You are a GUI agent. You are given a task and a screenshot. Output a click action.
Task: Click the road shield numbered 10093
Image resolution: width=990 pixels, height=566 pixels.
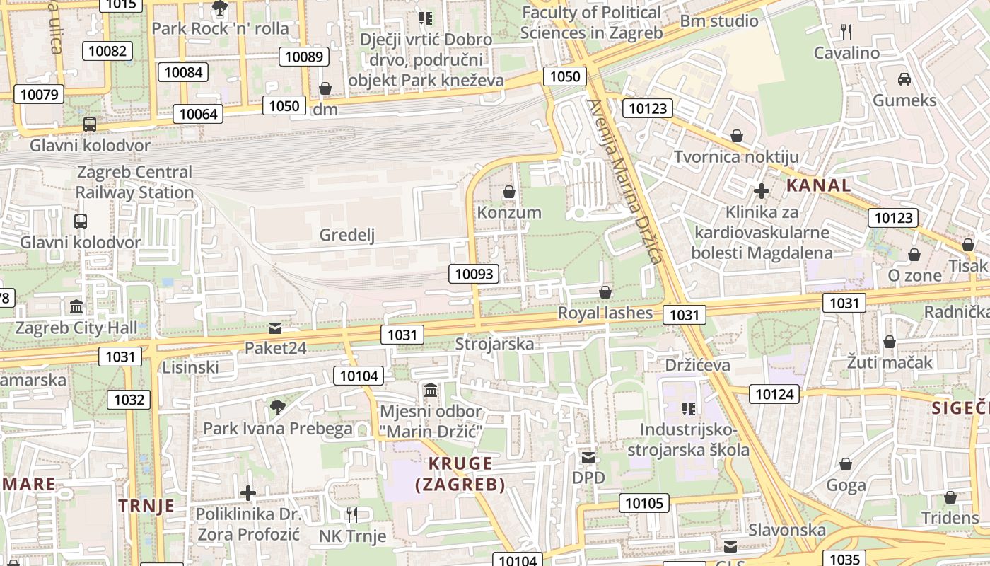(474, 274)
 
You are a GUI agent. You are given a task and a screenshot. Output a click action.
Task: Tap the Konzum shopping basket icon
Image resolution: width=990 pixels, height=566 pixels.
(508, 192)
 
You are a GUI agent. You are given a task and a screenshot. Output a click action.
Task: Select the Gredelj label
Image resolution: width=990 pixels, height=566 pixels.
(346, 235)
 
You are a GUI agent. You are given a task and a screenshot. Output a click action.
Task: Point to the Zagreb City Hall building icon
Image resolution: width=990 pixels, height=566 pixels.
(76, 307)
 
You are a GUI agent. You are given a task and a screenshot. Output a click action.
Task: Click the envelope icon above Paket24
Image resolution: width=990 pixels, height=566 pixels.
(274, 328)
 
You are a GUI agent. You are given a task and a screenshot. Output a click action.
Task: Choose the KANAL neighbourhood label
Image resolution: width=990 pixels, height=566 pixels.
(819, 186)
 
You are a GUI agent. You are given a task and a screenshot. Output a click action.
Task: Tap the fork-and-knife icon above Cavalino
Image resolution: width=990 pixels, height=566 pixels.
(845, 31)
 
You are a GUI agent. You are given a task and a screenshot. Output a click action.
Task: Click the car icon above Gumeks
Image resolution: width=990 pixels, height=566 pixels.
(904, 79)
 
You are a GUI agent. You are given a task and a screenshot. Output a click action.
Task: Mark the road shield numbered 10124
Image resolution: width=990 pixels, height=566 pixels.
(775, 394)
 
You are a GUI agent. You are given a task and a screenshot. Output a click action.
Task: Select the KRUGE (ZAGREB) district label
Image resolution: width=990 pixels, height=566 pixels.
(460, 474)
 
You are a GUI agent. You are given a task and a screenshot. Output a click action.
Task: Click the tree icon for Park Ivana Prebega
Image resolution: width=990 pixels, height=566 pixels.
(277, 407)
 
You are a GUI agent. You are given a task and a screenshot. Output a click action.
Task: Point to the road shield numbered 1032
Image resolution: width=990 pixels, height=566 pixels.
(129, 400)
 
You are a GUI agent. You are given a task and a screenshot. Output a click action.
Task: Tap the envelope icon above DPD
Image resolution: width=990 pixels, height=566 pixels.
(588, 457)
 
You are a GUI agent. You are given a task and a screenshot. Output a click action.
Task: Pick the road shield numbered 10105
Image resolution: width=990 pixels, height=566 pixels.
(644, 503)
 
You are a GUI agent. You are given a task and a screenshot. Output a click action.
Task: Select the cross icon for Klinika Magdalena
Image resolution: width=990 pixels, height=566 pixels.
(762, 191)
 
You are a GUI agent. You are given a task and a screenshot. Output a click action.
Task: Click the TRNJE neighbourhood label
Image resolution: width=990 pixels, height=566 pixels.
(146, 506)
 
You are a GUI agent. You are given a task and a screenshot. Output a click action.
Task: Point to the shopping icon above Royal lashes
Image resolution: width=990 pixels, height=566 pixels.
(605, 292)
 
